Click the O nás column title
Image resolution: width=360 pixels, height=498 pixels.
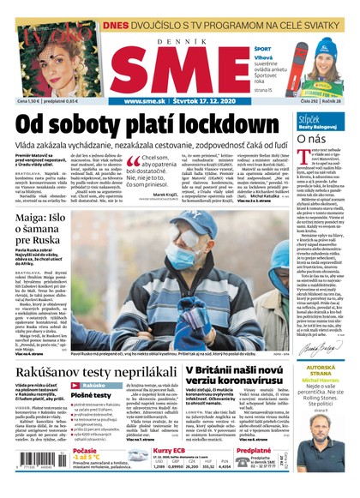[x=309, y=138]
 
